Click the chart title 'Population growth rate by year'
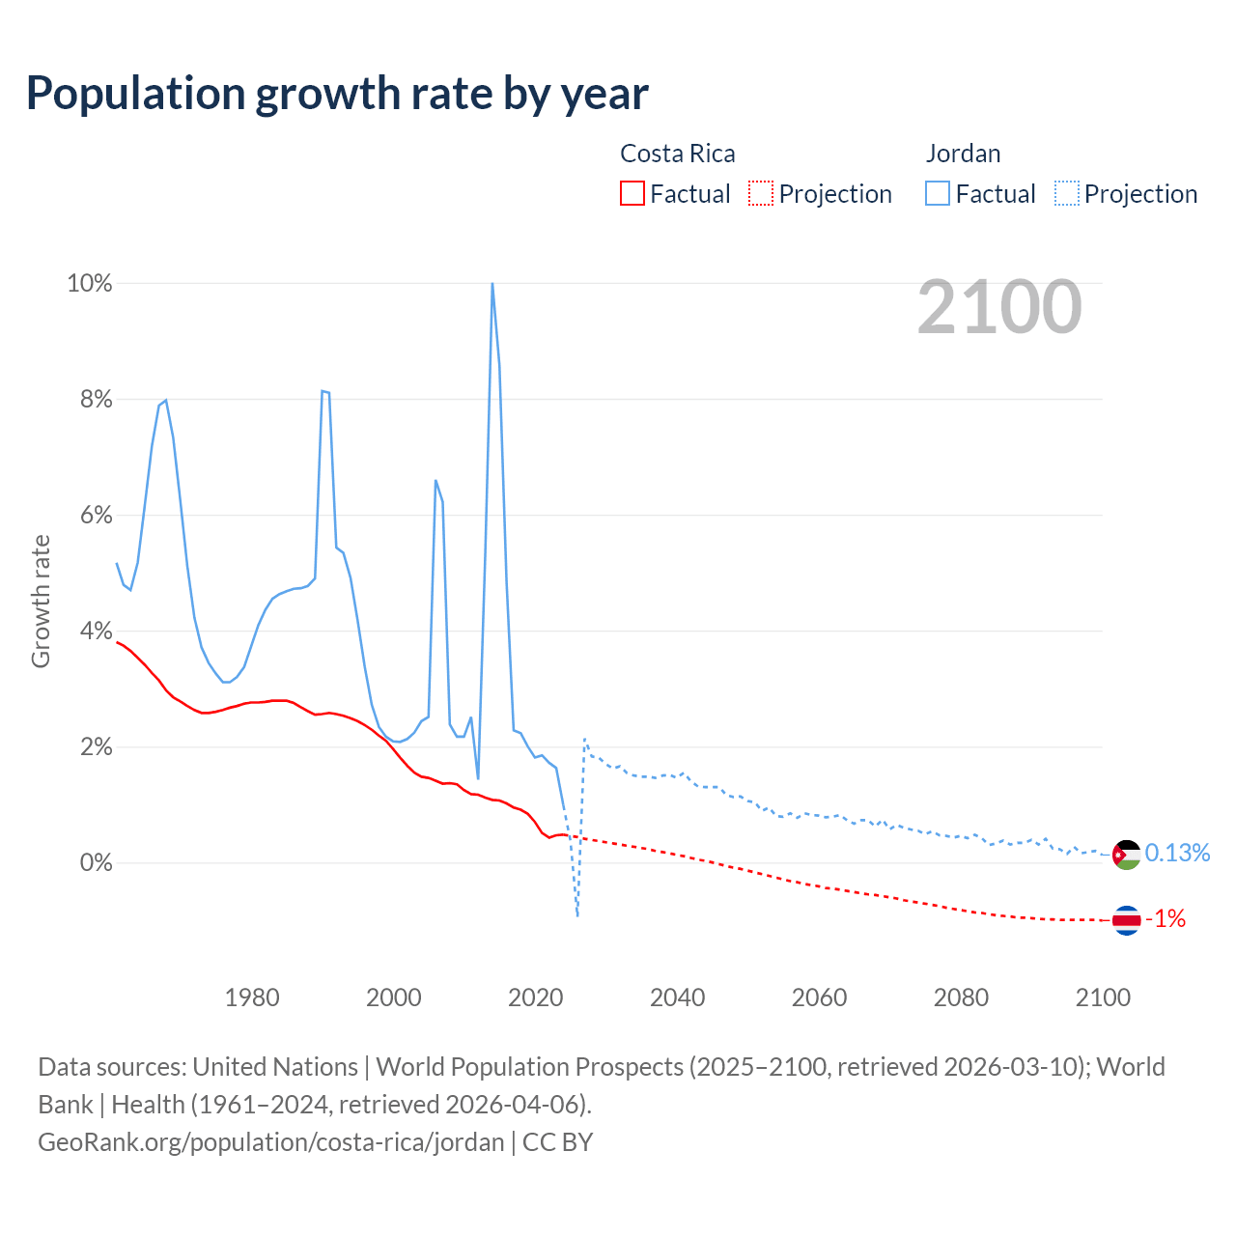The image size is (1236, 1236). [337, 94]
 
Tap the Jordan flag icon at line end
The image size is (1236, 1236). [1126, 855]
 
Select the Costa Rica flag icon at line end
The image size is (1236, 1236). [1126, 920]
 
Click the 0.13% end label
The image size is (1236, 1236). [1177, 853]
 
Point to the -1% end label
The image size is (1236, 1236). [1166, 918]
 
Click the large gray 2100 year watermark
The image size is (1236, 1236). [999, 307]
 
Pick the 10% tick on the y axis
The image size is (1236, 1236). [89, 284]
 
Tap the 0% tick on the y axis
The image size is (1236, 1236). [96, 862]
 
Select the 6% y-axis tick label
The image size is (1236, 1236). [96, 516]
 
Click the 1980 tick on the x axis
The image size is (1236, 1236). [252, 997]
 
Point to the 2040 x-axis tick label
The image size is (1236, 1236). [677, 997]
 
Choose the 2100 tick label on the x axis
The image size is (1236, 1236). [1103, 997]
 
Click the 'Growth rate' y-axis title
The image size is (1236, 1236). [41, 601]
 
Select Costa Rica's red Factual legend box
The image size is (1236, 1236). [632, 194]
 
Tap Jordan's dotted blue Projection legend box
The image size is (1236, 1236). [1067, 194]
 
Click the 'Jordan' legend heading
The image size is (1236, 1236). [963, 154]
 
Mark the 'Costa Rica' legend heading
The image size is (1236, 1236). [677, 154]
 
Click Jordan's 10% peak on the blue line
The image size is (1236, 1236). [492, 284]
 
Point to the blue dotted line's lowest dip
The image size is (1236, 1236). [577, 914]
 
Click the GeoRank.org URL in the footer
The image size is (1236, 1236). [270, 1142]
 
